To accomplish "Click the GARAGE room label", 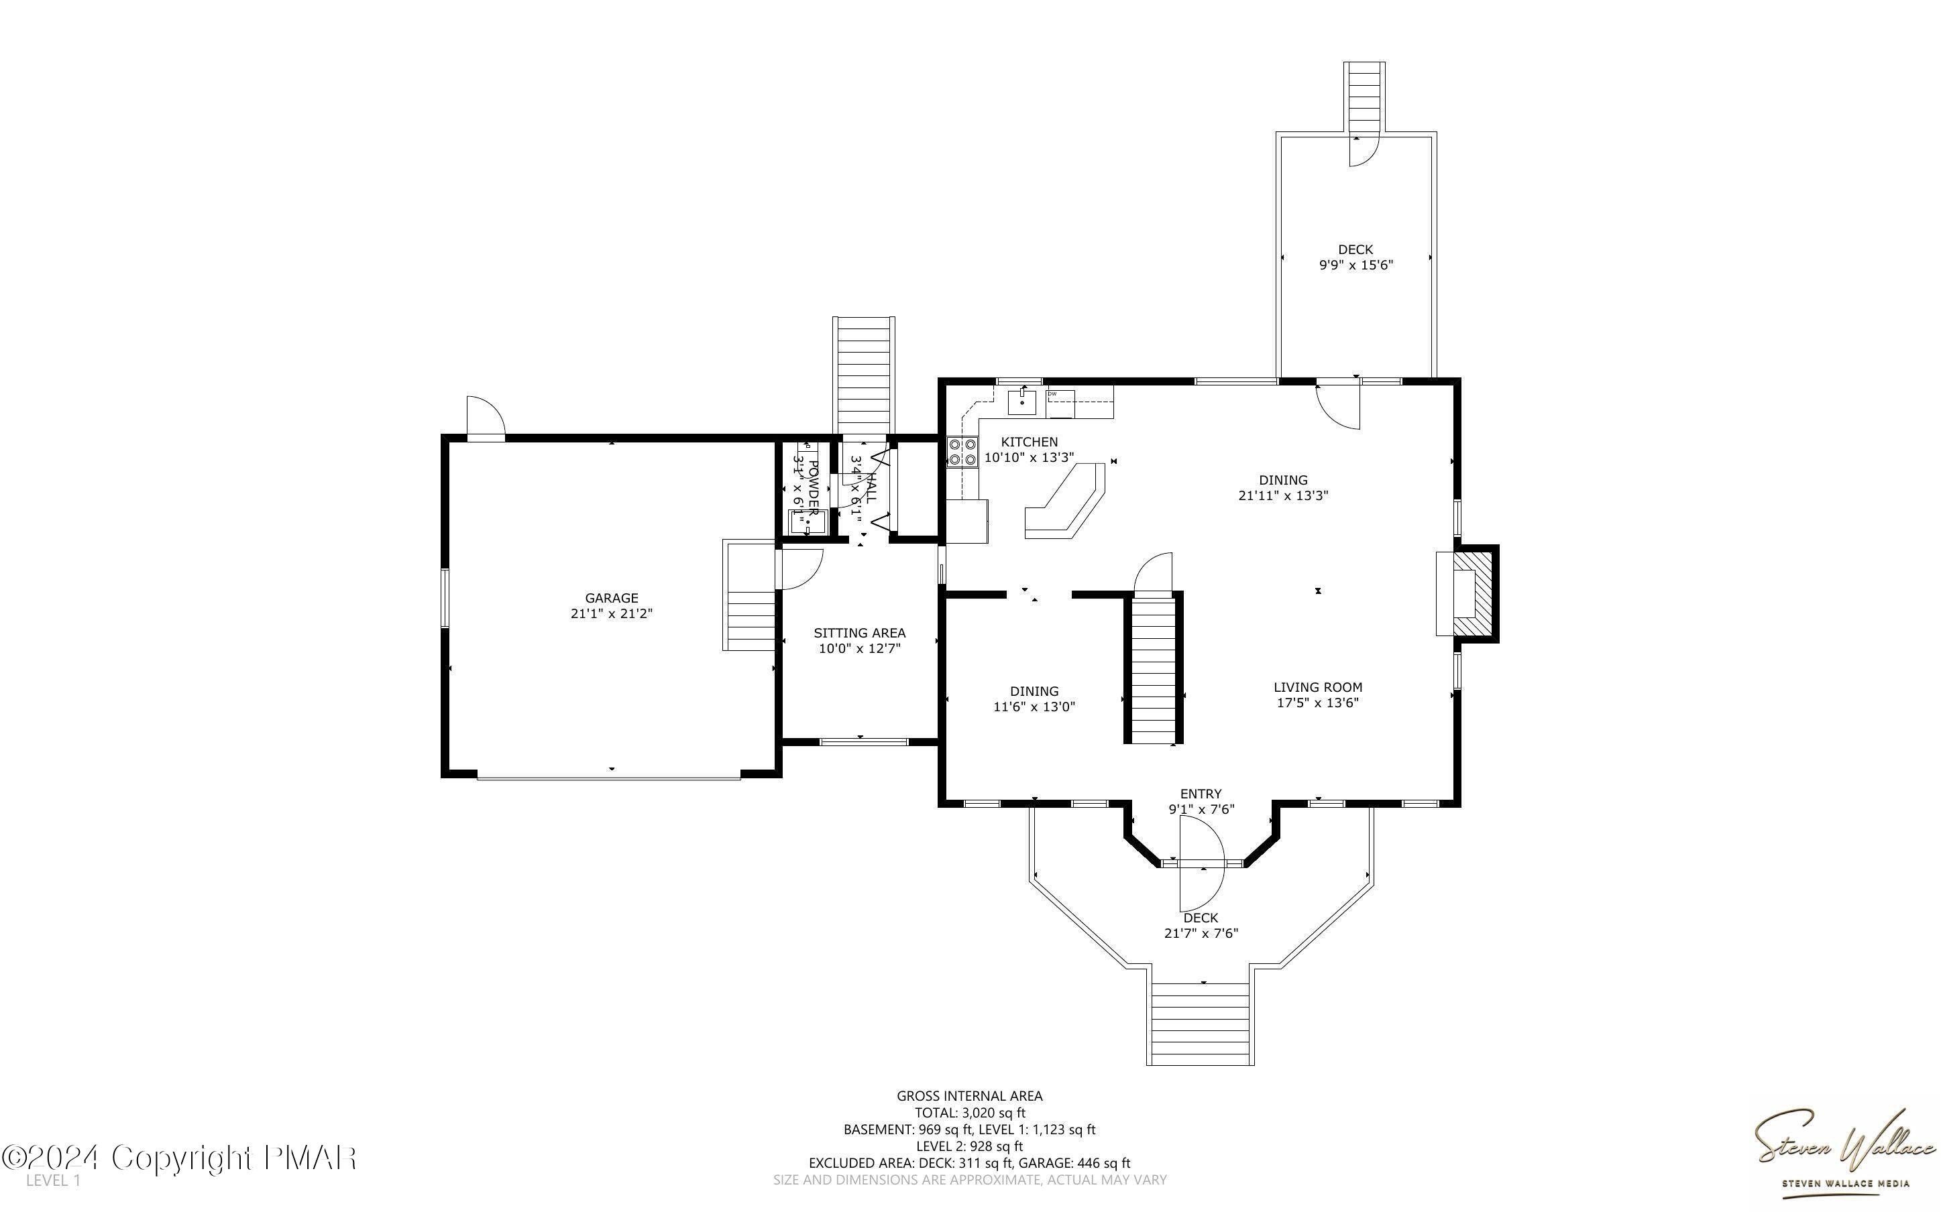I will click(x=611, y=598).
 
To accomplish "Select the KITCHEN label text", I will click(x=1030, y=442).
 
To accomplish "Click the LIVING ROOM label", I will click(x=1317, y=687).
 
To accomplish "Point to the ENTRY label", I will click(x=1200, y=794).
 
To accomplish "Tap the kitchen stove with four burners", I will click(x=962, y=451).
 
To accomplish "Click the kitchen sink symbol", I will click(x=1021, y=402).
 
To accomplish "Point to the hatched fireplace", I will click(x=1474, y=593).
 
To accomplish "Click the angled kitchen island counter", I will click(x=1064, y=503).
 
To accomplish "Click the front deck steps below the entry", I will click(x=1200, y=1024).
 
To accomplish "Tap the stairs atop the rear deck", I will click(x=1365, y=96).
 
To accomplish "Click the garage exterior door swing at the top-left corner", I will click(x=485, y=417).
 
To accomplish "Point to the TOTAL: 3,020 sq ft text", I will click(x=969, y=1113).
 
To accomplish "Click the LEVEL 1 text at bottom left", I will click(x=53, y=1180).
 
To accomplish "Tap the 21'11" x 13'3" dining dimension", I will click(x=1283, y=496).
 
